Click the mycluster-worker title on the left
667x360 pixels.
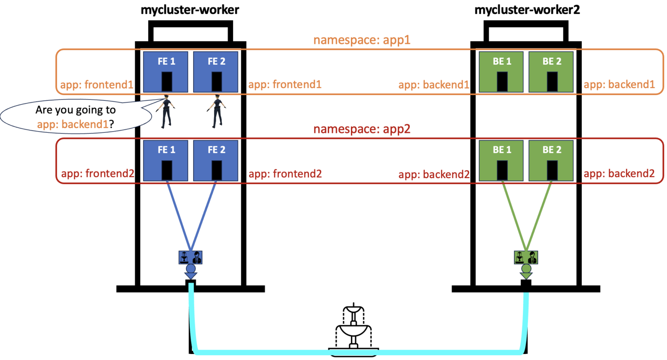point(190,10)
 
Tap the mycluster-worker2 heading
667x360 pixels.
point(527,10)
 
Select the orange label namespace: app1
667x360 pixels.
point(362,40)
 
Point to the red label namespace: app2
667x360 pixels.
point(362,129)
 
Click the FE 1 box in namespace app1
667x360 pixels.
point(166,72)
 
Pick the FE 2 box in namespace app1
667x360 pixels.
point(216,72)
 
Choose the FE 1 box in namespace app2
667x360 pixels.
point(166,160)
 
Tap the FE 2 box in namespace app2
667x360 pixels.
point(216,160)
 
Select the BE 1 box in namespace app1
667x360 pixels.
point(501,72)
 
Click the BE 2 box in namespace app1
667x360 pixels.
point(551,72)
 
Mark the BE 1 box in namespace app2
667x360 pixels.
point(501,160)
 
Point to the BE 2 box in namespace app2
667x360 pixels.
point(551,160)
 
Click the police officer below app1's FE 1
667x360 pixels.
point(166,111)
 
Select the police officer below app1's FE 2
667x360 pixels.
point(217,111)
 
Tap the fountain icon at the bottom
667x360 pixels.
point(353,328)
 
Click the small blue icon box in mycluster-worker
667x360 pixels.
point(191,258)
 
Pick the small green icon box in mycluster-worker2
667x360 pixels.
point(526,258)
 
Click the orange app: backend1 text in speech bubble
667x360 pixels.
point(73,124)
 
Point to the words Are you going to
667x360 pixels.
point(76,110)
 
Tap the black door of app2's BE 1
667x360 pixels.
point(502,170)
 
